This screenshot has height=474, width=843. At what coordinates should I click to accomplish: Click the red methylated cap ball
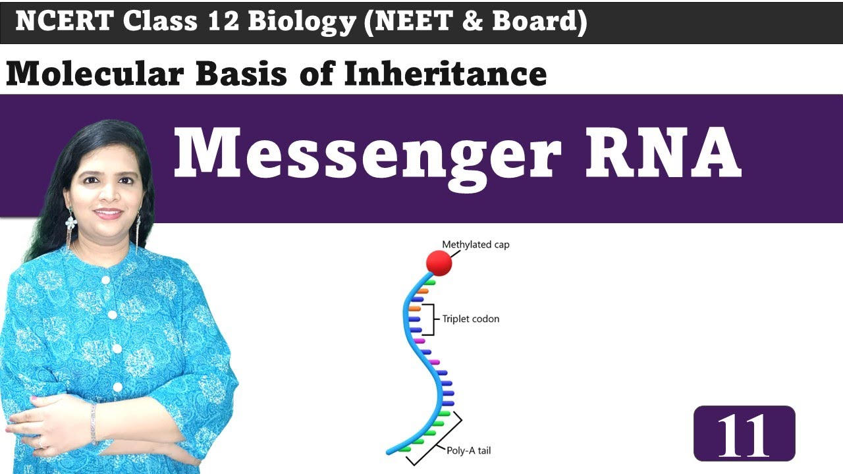pyautogui.click(x=439, y=263)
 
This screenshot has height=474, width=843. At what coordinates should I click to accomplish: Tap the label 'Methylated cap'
pyautogui.click(x=476, y=245)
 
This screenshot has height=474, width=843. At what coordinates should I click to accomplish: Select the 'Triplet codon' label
pyautogui.click(x=470, y=319)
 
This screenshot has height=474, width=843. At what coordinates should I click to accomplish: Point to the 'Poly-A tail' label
pyautogui.click(x=468, y=451)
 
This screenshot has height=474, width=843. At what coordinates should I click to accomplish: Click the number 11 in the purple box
pyautogui.click(x=744, y=434)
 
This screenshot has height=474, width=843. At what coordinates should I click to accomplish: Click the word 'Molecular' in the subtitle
pyautogui.click(x=95, y=74)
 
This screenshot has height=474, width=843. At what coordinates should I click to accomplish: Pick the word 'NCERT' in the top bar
pyautogui.click(x=65, y=22)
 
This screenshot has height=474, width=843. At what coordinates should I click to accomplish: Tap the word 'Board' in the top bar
pyautogui.click(x=544, y=22)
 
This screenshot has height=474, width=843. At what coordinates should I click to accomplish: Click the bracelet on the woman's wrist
pyautogui.click(x=94, y=422)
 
